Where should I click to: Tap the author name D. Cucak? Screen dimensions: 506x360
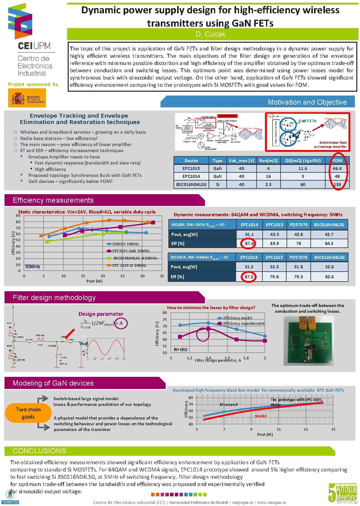[x=211, y=34]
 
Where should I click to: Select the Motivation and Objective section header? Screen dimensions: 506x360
[x=307, y=102]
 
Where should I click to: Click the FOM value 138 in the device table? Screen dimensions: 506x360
[x=337, y=184]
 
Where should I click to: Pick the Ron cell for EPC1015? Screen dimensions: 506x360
[x=268, y=168]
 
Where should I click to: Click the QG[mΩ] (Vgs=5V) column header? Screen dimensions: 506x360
[x=303, y=161]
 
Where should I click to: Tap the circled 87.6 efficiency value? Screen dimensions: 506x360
[x=249, y=243]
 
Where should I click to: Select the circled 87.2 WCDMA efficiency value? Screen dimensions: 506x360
[x=249, y=277]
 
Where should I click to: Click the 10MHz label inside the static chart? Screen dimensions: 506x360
[x=32, y=266]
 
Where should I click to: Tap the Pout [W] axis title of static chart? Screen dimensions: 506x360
[x=94, y=281]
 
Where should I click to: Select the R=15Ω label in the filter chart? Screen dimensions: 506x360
[x=180, y=350]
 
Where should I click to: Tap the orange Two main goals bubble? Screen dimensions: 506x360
[x=28, y=413]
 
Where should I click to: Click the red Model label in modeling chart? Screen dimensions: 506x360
[x=261, y=416]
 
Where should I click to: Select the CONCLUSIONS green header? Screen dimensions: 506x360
[x=39, y=451]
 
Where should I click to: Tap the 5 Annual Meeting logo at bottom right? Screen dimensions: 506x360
[x=343, y=493]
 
